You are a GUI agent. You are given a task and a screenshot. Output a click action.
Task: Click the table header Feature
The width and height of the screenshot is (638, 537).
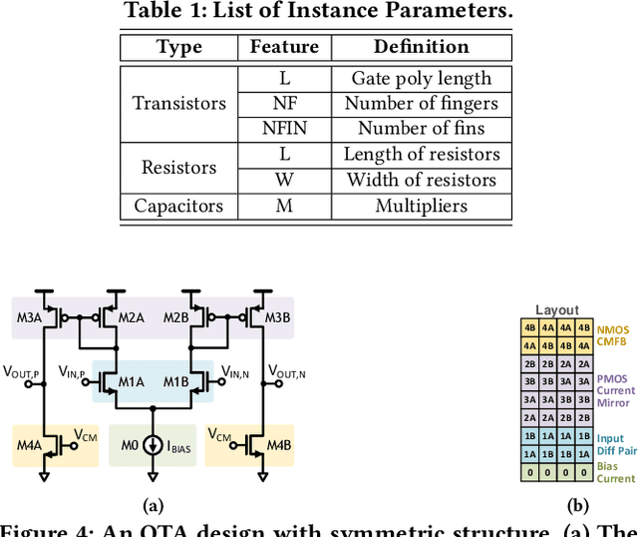coord(284,47)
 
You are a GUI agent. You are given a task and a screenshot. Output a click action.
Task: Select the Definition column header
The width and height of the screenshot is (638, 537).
coord(421,47)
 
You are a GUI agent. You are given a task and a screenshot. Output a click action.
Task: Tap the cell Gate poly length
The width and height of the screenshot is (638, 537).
coord(421,78)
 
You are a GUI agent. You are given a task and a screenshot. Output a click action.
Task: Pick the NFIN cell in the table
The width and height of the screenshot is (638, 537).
coord(284,129)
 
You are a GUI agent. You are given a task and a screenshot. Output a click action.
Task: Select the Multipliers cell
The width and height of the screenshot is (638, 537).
coord(421,206)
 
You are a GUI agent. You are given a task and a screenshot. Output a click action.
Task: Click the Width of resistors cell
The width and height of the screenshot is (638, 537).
coord(421,181)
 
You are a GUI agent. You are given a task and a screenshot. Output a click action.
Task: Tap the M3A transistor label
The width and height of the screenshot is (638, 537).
coord(29,317)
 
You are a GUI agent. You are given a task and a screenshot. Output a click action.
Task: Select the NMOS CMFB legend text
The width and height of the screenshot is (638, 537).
coord(615,334)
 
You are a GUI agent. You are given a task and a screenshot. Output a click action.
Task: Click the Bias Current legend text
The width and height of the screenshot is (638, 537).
coord(615,472)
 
